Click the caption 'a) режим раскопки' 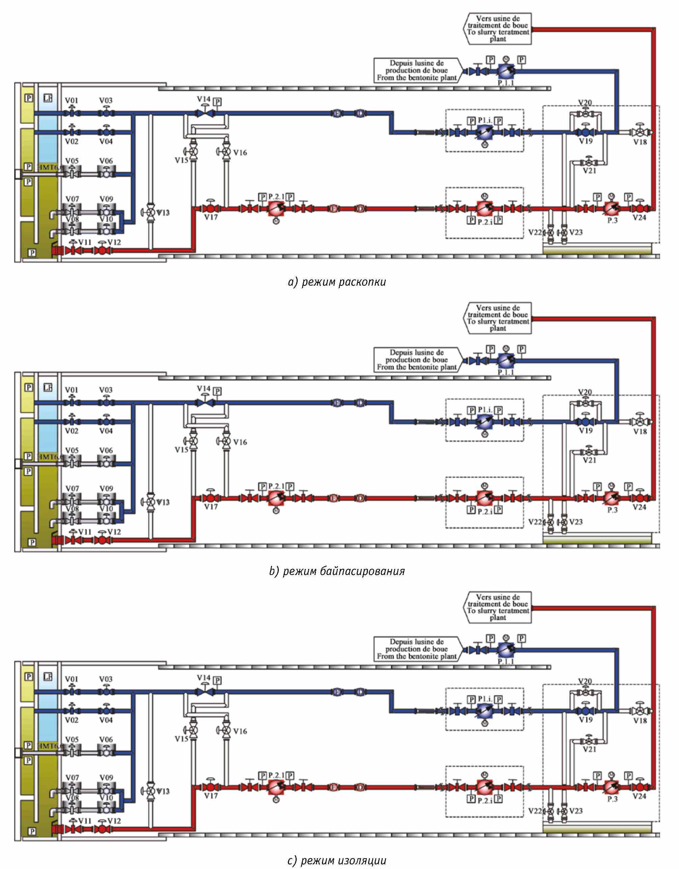point(337,282)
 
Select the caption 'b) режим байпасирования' point(337,571)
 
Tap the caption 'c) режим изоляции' point(337,861)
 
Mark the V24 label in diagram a point(639,218)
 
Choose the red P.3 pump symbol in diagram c point(611,787)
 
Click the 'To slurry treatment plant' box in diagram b point(498,318)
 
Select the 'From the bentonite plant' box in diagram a point(416,70)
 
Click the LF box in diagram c point(48,676)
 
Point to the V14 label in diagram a point(203,99)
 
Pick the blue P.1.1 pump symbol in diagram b point(506,361)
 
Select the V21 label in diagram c point(589,749)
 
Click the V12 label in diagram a point(114,242)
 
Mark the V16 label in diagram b point(240,442)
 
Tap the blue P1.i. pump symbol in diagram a point(485,132)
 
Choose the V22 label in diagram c point(535,811)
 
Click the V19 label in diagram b point(586,431)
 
